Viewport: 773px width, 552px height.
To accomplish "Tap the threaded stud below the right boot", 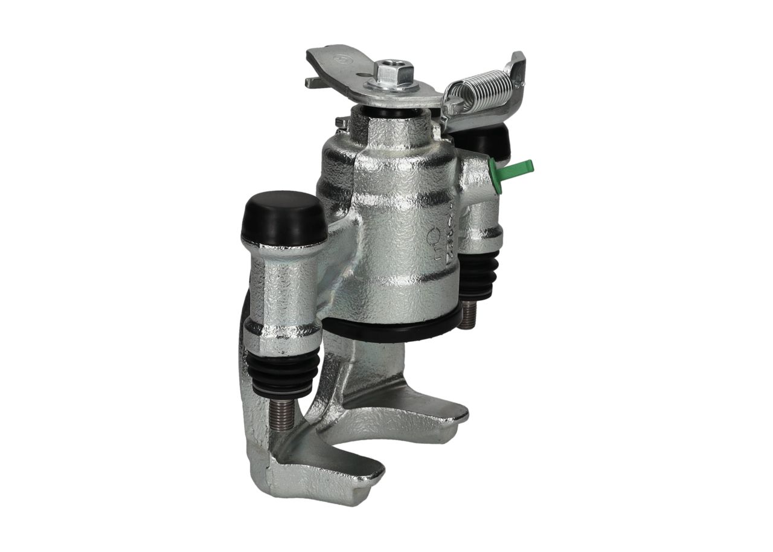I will pos(468,315).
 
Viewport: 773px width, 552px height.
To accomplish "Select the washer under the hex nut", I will pos(396,85).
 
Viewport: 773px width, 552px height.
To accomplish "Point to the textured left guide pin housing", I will pos(281,290).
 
